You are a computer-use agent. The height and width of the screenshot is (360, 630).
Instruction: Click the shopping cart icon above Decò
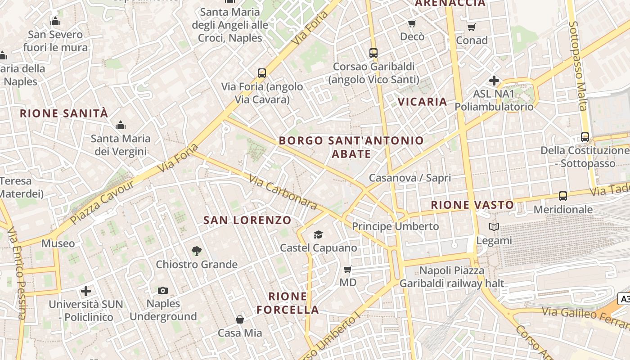point(412,24)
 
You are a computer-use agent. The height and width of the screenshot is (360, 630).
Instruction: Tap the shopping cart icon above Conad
point(471,27)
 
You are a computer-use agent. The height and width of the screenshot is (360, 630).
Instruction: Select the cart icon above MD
point(347,270)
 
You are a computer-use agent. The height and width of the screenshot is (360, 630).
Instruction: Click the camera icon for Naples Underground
point(163,291)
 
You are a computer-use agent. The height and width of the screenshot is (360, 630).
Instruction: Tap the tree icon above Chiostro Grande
point(196,251)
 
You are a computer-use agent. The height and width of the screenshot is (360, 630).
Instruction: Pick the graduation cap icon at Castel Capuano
point(318,234)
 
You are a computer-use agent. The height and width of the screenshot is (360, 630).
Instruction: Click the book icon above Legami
point(494,227)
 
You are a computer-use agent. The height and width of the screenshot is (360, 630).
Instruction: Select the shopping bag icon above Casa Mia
point(240,319)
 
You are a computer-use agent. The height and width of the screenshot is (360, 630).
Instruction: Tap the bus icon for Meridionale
point(562,196)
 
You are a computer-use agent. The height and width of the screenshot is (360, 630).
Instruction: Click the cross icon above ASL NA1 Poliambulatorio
point(494,81)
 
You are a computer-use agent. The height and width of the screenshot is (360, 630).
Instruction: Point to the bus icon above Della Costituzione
point(585,137)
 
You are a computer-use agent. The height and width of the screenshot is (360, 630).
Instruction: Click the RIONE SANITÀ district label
point(64,113)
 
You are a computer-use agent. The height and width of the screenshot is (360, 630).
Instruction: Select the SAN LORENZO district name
point(247,220)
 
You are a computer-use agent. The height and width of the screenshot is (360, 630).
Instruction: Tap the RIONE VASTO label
point(472,205)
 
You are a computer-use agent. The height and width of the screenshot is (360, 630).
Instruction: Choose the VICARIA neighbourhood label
point(423,102)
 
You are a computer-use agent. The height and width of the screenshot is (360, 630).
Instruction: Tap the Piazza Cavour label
point(103,202)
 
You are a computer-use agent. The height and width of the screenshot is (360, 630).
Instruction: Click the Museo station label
point(58,243)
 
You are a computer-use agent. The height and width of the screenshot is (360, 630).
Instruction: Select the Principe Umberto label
point(395,226)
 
